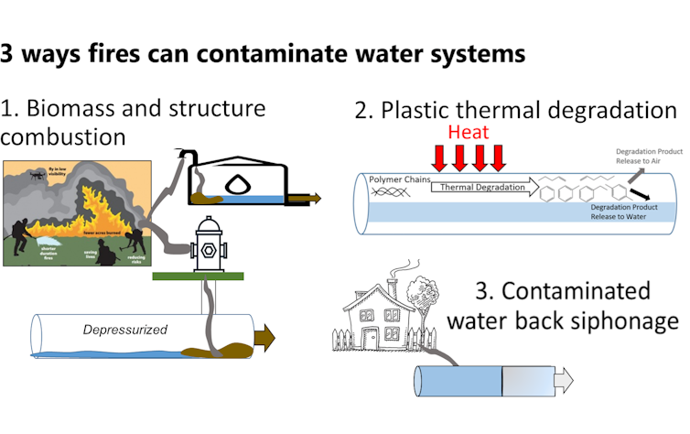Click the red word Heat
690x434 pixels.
[468, 133]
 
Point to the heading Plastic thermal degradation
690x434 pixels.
[514, 110]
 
